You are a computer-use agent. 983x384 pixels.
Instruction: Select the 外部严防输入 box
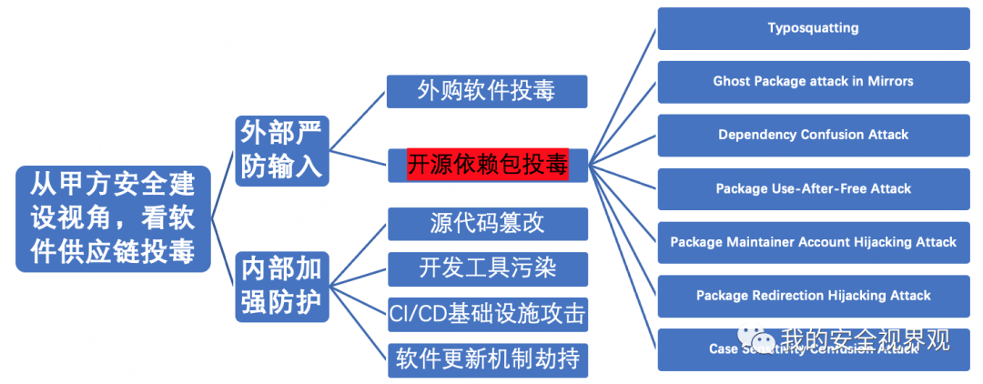click(281, 150)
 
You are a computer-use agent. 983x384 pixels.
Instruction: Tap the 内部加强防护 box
click(281, 286)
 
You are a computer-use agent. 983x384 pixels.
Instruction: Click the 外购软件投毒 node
click(487, 91)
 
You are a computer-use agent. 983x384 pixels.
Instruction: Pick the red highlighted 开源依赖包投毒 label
click(487, 165)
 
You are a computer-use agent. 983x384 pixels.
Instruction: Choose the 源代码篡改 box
click(487, 223)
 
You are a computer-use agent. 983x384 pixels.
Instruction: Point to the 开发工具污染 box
click(487, 268)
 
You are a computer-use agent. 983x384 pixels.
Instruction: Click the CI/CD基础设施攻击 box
click(487, 314)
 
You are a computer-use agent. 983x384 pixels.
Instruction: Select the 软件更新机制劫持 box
click(487, 359)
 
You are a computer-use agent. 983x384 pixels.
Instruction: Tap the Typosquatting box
click(813, 27)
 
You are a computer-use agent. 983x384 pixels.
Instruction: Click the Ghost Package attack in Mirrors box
click(813, 81)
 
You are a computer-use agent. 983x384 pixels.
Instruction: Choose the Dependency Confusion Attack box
click(813, 135)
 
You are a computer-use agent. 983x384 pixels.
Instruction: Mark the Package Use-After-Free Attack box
click(813, 188)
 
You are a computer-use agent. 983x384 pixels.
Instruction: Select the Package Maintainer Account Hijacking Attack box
click(813, 242)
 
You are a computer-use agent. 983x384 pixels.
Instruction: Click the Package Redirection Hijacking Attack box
click(813, 296)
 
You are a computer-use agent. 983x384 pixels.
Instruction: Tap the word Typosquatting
click(813, 27)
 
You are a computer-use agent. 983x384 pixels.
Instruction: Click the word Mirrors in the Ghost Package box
click(889, 81)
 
